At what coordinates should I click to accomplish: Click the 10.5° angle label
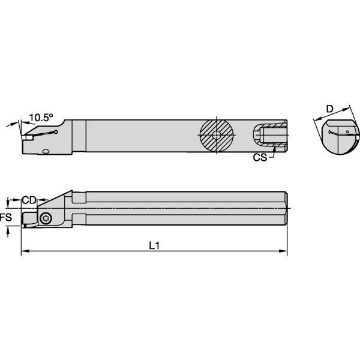click(x=41, y=117)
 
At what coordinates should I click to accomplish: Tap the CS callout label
click(x=259, y=158)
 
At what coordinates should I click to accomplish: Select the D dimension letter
click(x=329, y=108)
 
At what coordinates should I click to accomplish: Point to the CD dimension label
click(x=29, y=199)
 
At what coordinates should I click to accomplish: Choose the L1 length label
click(x=155, y=246)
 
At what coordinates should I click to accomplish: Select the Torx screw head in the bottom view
click(x=46, y=218)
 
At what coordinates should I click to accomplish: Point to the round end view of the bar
click(x=338, y=139)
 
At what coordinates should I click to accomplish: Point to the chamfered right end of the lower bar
click(x=287, y=208)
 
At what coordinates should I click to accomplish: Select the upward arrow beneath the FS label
click(x=8, y=231)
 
